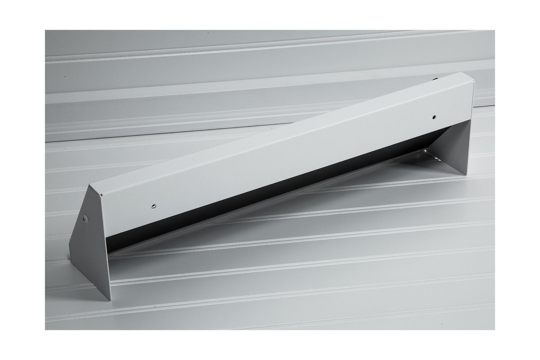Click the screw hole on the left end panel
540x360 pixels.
tap(85, 218)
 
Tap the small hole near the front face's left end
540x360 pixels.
tap(154, 206)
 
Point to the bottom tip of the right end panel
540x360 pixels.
tap(467, 174)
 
